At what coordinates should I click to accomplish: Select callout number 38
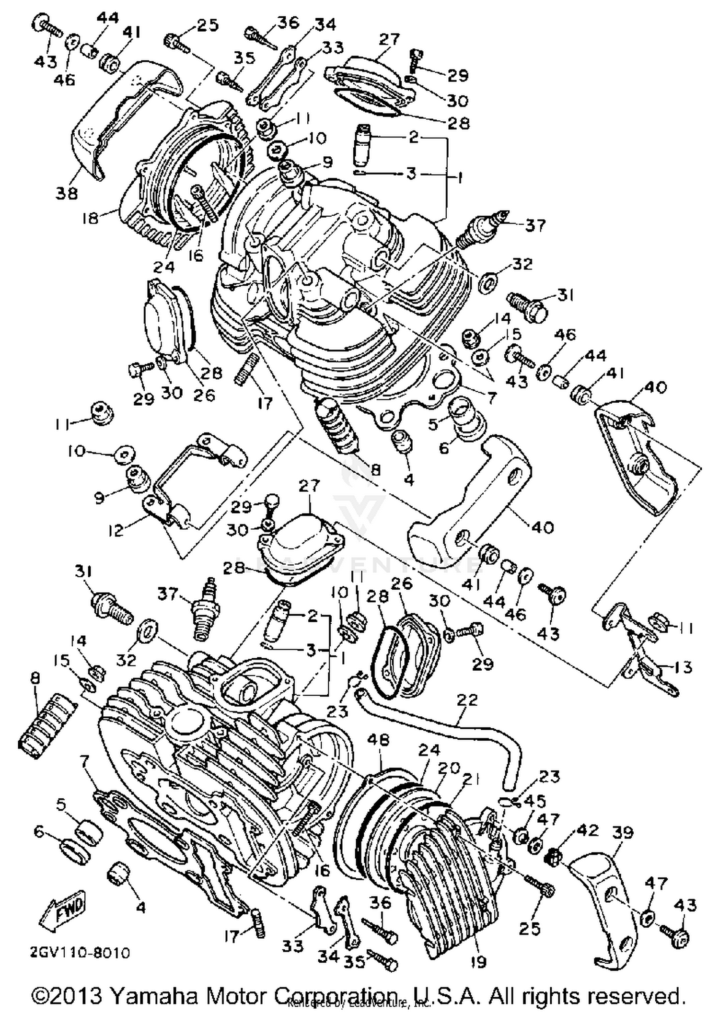(x=67, y=193)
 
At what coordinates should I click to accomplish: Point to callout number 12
(x=116, y=530)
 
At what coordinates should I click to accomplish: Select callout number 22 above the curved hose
(x=467, y=700)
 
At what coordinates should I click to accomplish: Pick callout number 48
(x=378, y=741)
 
